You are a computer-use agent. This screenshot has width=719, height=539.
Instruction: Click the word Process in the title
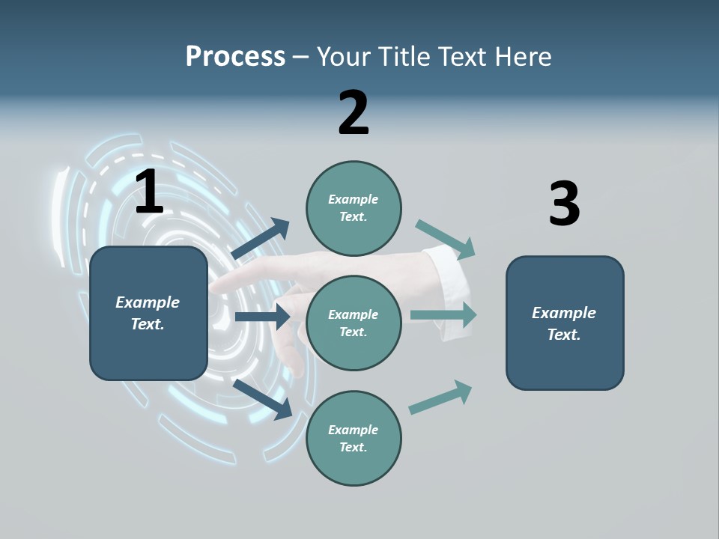(x=235, y=57)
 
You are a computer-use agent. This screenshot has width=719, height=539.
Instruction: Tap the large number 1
(x=149, y=192)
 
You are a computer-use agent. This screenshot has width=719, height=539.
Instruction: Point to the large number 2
(x=354, y=113)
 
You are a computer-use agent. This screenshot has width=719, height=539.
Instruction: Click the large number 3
(x=564, y=204)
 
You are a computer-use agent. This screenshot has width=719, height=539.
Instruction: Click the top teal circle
(x=354, y=208)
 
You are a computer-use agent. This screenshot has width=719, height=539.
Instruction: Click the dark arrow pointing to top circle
(x=261, y=239)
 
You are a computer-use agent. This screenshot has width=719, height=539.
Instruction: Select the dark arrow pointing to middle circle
(x=262, y=317)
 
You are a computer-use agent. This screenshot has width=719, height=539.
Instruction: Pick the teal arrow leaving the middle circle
(x=443, y=315)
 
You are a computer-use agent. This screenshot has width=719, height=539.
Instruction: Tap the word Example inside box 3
(x=564, y=313)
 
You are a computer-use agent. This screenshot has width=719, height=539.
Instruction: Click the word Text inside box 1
(x=147, y=324)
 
